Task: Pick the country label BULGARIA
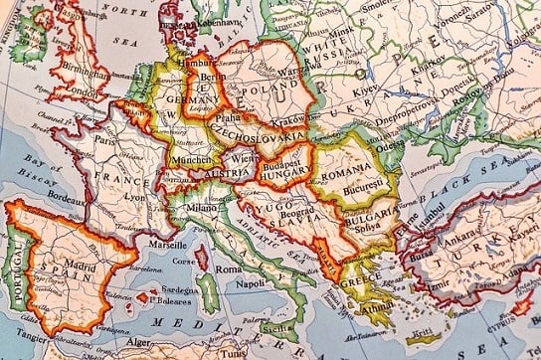(x=372, y=213)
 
